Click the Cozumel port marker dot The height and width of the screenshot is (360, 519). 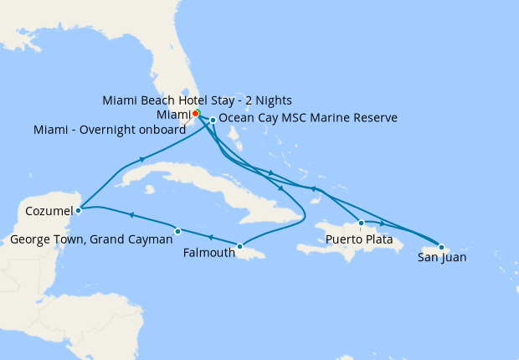point(78,210)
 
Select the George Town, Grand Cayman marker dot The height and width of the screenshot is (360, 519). point(177,231)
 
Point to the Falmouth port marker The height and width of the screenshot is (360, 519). point(240,246)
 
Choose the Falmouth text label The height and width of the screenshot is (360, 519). point(208,252)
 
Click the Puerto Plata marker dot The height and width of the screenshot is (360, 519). point(361,223)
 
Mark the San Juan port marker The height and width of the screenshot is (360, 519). point(441,247)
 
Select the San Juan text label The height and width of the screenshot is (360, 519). point(442,258)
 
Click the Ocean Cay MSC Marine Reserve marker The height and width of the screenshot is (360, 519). point(213,120)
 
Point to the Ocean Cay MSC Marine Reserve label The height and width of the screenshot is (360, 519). point(307,119)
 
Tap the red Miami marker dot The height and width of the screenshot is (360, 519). point(195,113)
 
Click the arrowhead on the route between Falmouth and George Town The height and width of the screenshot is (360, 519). point(209,238)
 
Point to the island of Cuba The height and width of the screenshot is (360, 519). point(193,180)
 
